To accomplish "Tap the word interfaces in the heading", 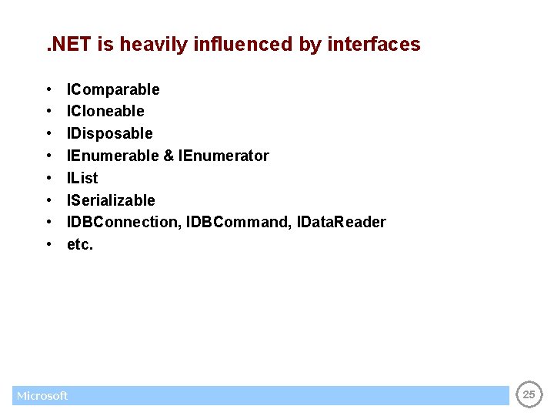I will (x=374, y=45).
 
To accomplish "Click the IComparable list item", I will (x=113, y=89).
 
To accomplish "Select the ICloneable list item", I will (x=105, y=111).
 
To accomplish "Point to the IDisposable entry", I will (x=110, y=133).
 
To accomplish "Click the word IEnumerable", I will (x=112, y=156).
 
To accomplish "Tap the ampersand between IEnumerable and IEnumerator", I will (x=169, y=156).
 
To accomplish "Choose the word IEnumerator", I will (x=223, y=156).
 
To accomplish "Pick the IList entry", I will (x=82, y=178).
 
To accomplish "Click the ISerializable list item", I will (x=111, y=200).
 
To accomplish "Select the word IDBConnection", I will (x=123, y=222).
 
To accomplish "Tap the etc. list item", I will (x=80, y=245).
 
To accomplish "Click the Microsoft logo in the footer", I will (x=42, y=396).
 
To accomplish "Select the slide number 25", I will (x=529, y=394).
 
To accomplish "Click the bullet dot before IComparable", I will (x=48, y=90).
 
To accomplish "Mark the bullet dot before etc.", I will (x=48, y=245).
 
